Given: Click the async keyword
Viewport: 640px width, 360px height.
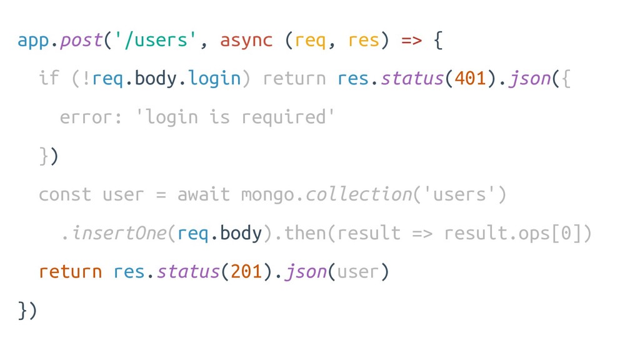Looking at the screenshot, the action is (x=246, y=41).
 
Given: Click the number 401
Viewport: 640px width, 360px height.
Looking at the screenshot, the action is (x=470, y=79).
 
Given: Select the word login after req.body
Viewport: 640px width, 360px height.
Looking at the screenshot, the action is (x=214, y=79).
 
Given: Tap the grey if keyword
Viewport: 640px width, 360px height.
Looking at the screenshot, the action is (x=49, y=79).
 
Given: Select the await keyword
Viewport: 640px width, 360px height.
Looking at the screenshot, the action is (x=204, y=194).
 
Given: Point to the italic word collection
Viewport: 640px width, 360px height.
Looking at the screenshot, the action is (x=358, y=194).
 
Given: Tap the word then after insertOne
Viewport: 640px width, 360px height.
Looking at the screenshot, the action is (x=304, y=233).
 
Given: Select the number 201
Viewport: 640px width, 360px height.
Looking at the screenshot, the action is (x=246, y=272).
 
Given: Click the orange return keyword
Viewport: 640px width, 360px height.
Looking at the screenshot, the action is (x=70, y=272).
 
